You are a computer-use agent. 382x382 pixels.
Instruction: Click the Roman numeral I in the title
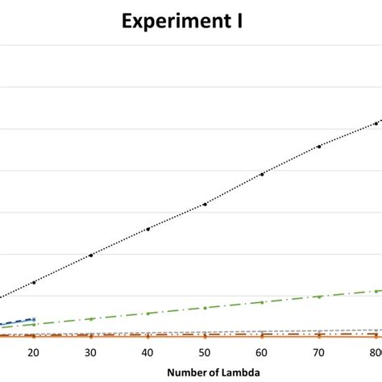239,22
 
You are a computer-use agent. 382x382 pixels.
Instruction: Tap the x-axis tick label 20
33,353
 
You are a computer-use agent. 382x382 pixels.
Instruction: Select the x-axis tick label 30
90,353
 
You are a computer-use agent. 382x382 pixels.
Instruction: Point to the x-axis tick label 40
147,353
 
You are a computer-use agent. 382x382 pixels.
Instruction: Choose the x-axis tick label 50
205,353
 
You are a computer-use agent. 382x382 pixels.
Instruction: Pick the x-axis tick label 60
262,353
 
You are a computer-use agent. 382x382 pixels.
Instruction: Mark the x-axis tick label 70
319,353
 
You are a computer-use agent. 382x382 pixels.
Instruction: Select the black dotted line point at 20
33,282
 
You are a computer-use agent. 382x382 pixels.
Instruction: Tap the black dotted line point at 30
90,255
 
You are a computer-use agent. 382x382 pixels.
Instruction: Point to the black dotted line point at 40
147,229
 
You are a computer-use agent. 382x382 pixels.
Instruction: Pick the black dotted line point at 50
205,204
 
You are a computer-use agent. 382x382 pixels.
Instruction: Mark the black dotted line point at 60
262,174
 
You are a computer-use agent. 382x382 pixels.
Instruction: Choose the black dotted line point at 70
319,146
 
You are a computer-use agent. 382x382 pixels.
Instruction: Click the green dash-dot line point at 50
205,308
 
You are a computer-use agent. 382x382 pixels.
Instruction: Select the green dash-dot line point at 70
319,297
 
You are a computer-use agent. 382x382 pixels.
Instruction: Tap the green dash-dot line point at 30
90,319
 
